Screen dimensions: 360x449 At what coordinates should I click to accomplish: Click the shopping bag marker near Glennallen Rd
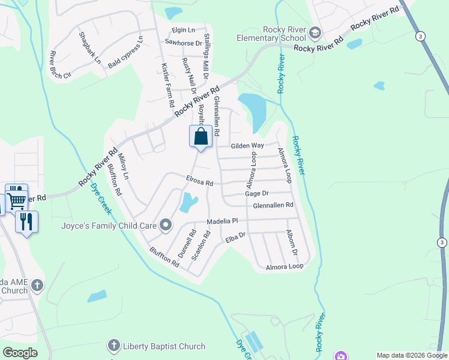click(x=201, y=136)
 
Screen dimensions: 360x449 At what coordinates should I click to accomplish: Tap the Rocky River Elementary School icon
click(x=315, y=32)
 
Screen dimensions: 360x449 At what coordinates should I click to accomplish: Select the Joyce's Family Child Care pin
click(x=166, y=226)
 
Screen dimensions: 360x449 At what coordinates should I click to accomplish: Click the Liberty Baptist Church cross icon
click(x=113, y=346)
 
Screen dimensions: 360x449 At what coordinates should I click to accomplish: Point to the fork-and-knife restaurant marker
click(x=26, y=221)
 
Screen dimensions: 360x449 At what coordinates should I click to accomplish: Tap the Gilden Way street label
click(x=248, y=146)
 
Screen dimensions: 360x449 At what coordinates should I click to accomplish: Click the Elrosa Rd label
click(x=199, y=182)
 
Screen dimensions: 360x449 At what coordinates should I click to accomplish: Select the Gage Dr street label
click(x=256, y=193)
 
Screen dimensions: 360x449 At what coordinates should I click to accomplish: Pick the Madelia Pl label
click(x=223, y=221)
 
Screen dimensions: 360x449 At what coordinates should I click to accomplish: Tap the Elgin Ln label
click(x=184, y=29)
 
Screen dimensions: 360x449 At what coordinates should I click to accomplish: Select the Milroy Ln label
click(x=123, y=167)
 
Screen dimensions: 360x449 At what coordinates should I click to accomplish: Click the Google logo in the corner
click(x=20, y=353)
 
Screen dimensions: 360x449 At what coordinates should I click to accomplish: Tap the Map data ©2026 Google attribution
click(x=412, y=355)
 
